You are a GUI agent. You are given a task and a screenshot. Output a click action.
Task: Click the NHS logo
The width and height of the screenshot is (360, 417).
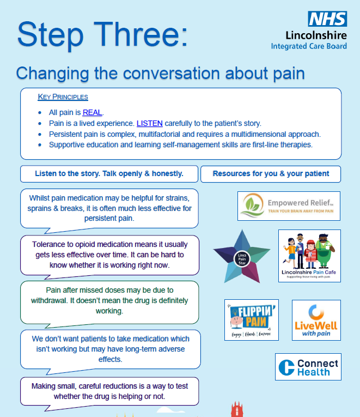point(327,19)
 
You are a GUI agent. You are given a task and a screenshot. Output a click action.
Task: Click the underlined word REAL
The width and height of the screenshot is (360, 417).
point(92,112)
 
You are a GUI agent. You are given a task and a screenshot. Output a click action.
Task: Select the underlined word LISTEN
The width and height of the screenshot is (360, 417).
point(149,123)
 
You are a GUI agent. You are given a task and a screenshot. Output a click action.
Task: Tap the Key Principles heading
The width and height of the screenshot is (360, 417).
point(63,97)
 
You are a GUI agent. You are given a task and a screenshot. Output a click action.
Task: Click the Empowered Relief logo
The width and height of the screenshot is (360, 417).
point(289,206)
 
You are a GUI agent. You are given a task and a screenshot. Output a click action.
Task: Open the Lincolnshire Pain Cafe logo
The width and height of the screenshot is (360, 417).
point(309,255)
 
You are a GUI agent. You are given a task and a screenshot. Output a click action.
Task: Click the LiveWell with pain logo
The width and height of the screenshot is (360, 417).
point(316,320)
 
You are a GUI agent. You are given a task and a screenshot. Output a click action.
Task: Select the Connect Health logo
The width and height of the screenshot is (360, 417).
point(308,367)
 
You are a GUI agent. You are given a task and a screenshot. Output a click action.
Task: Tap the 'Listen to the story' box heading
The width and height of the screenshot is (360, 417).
point(109,174)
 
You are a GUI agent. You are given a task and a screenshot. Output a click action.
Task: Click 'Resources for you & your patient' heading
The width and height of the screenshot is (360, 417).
point(271,174)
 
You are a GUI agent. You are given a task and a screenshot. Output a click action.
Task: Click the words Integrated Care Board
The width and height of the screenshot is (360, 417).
point(309,46)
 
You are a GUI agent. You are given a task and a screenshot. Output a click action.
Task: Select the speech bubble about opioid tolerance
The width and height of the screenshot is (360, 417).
point(109,255)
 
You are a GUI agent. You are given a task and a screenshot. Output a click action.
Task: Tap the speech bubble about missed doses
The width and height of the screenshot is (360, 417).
point(109,301)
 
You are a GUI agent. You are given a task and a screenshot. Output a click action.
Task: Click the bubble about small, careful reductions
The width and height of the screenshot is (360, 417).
point(109,391)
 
